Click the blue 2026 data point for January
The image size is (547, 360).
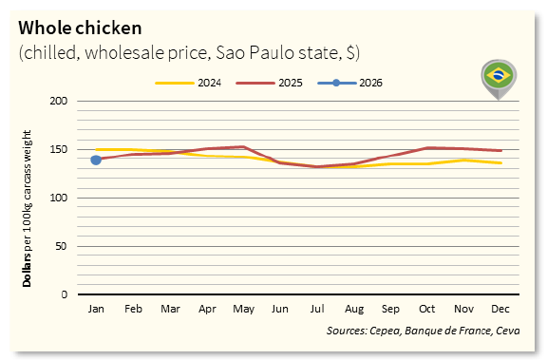pyautogui.click(x=96, y=160)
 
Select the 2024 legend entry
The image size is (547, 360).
pyautogui.click(x=189, y=83)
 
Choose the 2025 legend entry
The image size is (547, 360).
pyautogui.click(x=270, y=83)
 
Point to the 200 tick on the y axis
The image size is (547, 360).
pyautogui.click(x=58, y=101)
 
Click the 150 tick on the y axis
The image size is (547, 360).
pyautogui.click(x=58, y=149)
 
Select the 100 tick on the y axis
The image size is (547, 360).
pyautogui.click(x=58, y=198)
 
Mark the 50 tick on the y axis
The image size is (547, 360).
pyautogui.click(x=61, y=246)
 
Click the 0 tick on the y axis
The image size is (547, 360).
pyautogui.click(x=64, y=294)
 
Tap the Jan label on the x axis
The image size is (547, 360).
pyautogui.click(x=96, y=310)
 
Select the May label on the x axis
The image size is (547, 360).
pyautogui.click(x=243, y=310)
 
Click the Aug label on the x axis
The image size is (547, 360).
pyautogui.click(x=353, y=310)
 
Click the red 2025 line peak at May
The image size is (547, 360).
pyautogui.click(x=243, y=146)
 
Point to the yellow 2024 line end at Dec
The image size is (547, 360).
pyautogui.click(x=500, y=162)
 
